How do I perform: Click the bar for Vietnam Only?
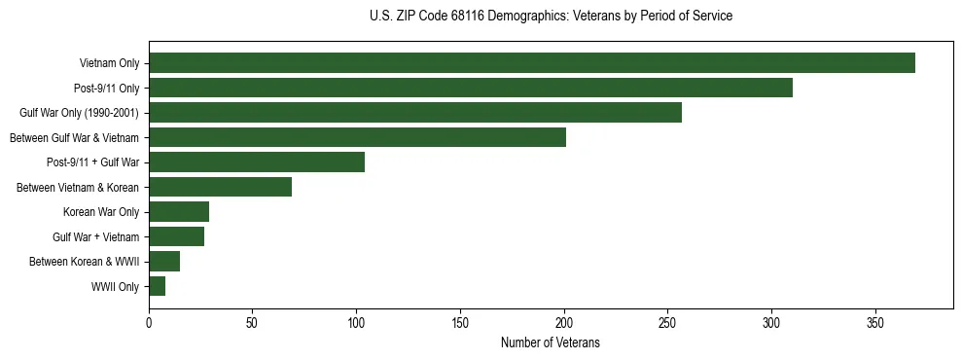[532, 63]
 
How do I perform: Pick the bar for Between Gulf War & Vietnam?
[357, 137]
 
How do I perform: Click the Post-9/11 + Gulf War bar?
[257, 162]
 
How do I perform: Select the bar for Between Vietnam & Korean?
[220, 187]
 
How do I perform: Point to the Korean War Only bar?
[179, 212]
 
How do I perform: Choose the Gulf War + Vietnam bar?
[176, 236]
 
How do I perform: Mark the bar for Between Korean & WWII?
[164, 262]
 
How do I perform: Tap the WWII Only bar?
[157, 286]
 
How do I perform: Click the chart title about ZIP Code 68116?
[551, 17]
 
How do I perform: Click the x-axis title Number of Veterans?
[550, 343]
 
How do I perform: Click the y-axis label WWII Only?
[115, 287]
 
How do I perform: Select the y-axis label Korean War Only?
[101, 212]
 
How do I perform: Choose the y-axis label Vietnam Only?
[109, 63]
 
